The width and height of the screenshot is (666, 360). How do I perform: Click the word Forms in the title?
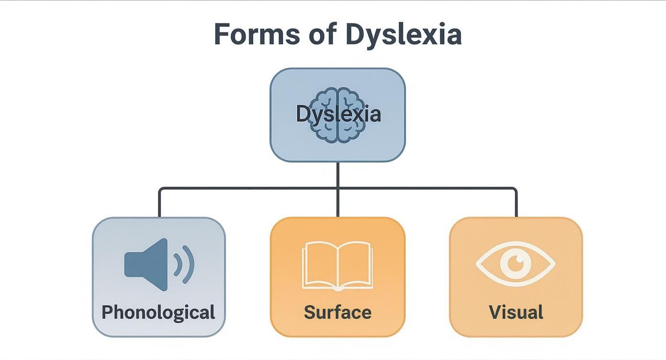256,34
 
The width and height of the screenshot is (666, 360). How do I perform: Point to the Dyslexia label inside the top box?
338,114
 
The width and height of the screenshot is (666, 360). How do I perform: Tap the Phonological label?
158,313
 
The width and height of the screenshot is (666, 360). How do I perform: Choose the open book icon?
338,266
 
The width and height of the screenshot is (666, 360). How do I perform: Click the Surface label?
338,313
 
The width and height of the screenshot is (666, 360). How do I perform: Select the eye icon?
516,263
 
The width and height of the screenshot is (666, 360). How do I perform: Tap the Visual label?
516,313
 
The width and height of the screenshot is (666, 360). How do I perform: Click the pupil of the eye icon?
516,262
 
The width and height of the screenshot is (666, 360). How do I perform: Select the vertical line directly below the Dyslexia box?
338,174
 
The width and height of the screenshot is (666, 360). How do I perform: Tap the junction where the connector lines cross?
338,188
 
